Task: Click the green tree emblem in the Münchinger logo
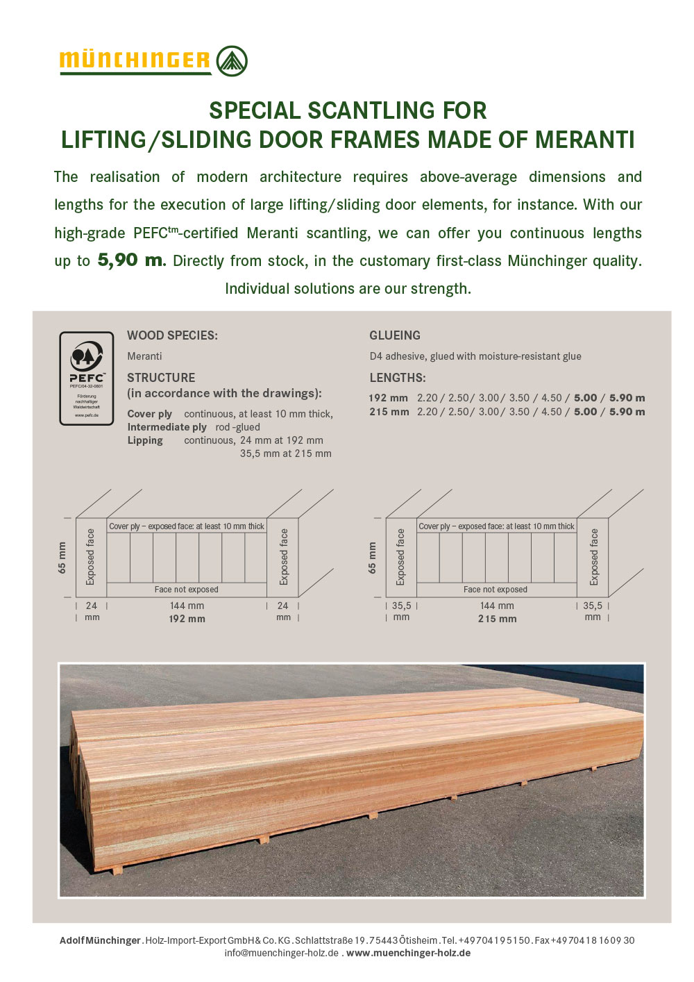[232, 61]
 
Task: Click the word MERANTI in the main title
[585, 140]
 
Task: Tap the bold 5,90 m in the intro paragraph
[131, 260]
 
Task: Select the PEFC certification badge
[87, 378]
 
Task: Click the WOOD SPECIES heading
[172, 335]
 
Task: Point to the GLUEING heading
[395, 335]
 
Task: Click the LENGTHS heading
[398, 378]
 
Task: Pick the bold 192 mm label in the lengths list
[388, 398]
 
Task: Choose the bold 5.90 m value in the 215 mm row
[627, 412]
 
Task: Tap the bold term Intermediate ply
[167, 427]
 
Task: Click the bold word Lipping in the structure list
[145, 440]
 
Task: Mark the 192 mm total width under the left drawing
[187, 619]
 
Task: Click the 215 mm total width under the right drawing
[497, 619]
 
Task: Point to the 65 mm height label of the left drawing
[62, 558]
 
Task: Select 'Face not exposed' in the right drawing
[496, 590]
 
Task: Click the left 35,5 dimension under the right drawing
[401, 606]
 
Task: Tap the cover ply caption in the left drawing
[187, 526]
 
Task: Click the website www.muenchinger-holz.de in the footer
[408, 953]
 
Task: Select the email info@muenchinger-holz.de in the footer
[282, 953]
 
